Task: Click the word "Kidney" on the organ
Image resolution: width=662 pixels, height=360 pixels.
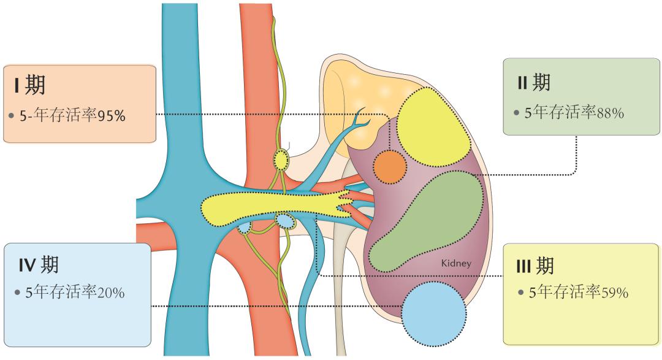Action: click(455, 264)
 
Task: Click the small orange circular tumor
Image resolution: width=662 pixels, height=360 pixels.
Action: click(389, 167)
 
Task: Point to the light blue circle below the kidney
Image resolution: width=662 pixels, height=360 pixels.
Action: click(433, 313)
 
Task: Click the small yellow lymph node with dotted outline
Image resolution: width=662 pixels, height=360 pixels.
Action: click(281, 161)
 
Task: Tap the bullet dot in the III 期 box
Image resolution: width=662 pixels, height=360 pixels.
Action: click(520, 293)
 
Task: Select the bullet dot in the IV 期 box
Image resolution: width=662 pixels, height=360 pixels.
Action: click(17, 293)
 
